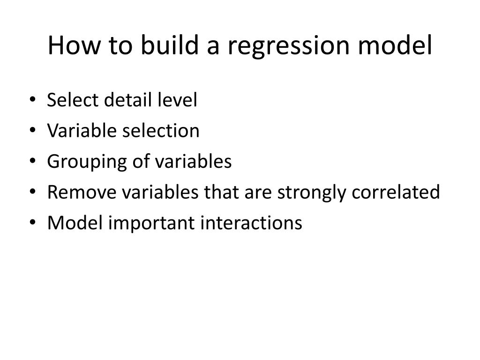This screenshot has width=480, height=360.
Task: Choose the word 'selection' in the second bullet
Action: tap(161, 131)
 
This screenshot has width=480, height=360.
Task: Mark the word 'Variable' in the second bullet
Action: tap(82, 131)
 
